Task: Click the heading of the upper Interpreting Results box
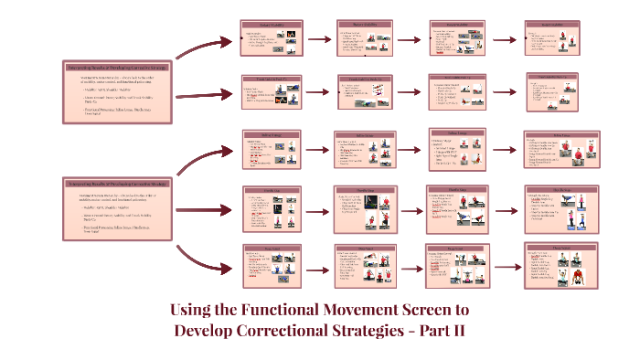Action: pyautogui.click(x=118, y=67)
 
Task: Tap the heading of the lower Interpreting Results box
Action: pyautogui.click(x=118, y=184)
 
